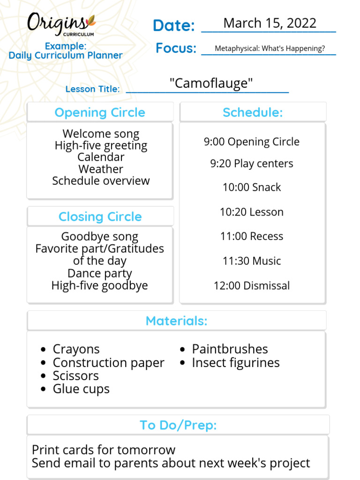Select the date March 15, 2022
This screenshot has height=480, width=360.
pyautogui.click(x=270, y=23)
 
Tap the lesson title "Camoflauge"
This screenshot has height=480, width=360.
pyautogui.click(x=211, y=83)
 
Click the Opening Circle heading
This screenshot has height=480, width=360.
pyautogui.click(x=100, y=112)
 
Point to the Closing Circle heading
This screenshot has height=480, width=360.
pyautogui.click(x=100, y=217)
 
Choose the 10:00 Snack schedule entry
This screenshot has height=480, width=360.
pyautogui.click(x=252, y=187)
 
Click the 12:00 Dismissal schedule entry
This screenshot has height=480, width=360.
pyautogui.click(x=252, y=285)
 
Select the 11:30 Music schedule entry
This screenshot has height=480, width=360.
pyautogui.click(x=252, y=261)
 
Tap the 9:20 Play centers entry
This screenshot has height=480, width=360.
pyautogui.click(x=252, y=164)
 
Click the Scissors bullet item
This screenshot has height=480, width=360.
pyautogui.click(x=75, y=375)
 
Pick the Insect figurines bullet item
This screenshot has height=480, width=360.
pyautogui.click(x=235, y=362)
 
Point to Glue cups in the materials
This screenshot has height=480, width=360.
pyautogui.click(x=81, y=389)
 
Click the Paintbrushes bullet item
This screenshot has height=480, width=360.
pyautogui.click(x=230, y=349)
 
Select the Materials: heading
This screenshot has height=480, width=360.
pyautogui.click(x=176, y=321)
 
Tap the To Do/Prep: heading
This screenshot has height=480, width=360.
pyautogui.click(x=178, y=425)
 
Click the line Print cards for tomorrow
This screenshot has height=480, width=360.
pyautogui.click(x=104, y=450)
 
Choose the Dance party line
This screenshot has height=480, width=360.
pyautogui.click(x=100, y=273)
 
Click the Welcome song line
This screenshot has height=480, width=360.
pyautogui.click(x=101, y=134)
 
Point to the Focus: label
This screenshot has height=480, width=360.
pyautogui.click(x=176, y=48)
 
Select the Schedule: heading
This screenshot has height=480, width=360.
pyautogui.click(x=253, y=112)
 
